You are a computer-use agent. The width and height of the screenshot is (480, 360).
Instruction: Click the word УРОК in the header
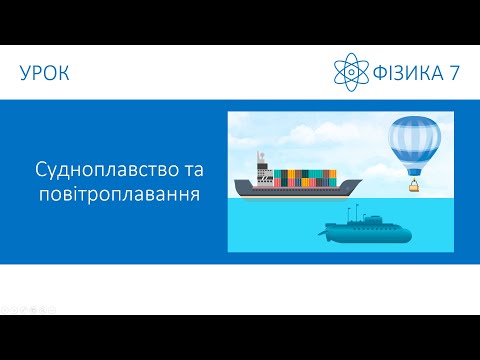[44, 72]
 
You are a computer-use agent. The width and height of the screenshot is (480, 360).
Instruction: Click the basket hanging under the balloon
[412, 185]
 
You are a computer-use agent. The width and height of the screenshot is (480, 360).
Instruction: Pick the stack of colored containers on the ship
[306, 177]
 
